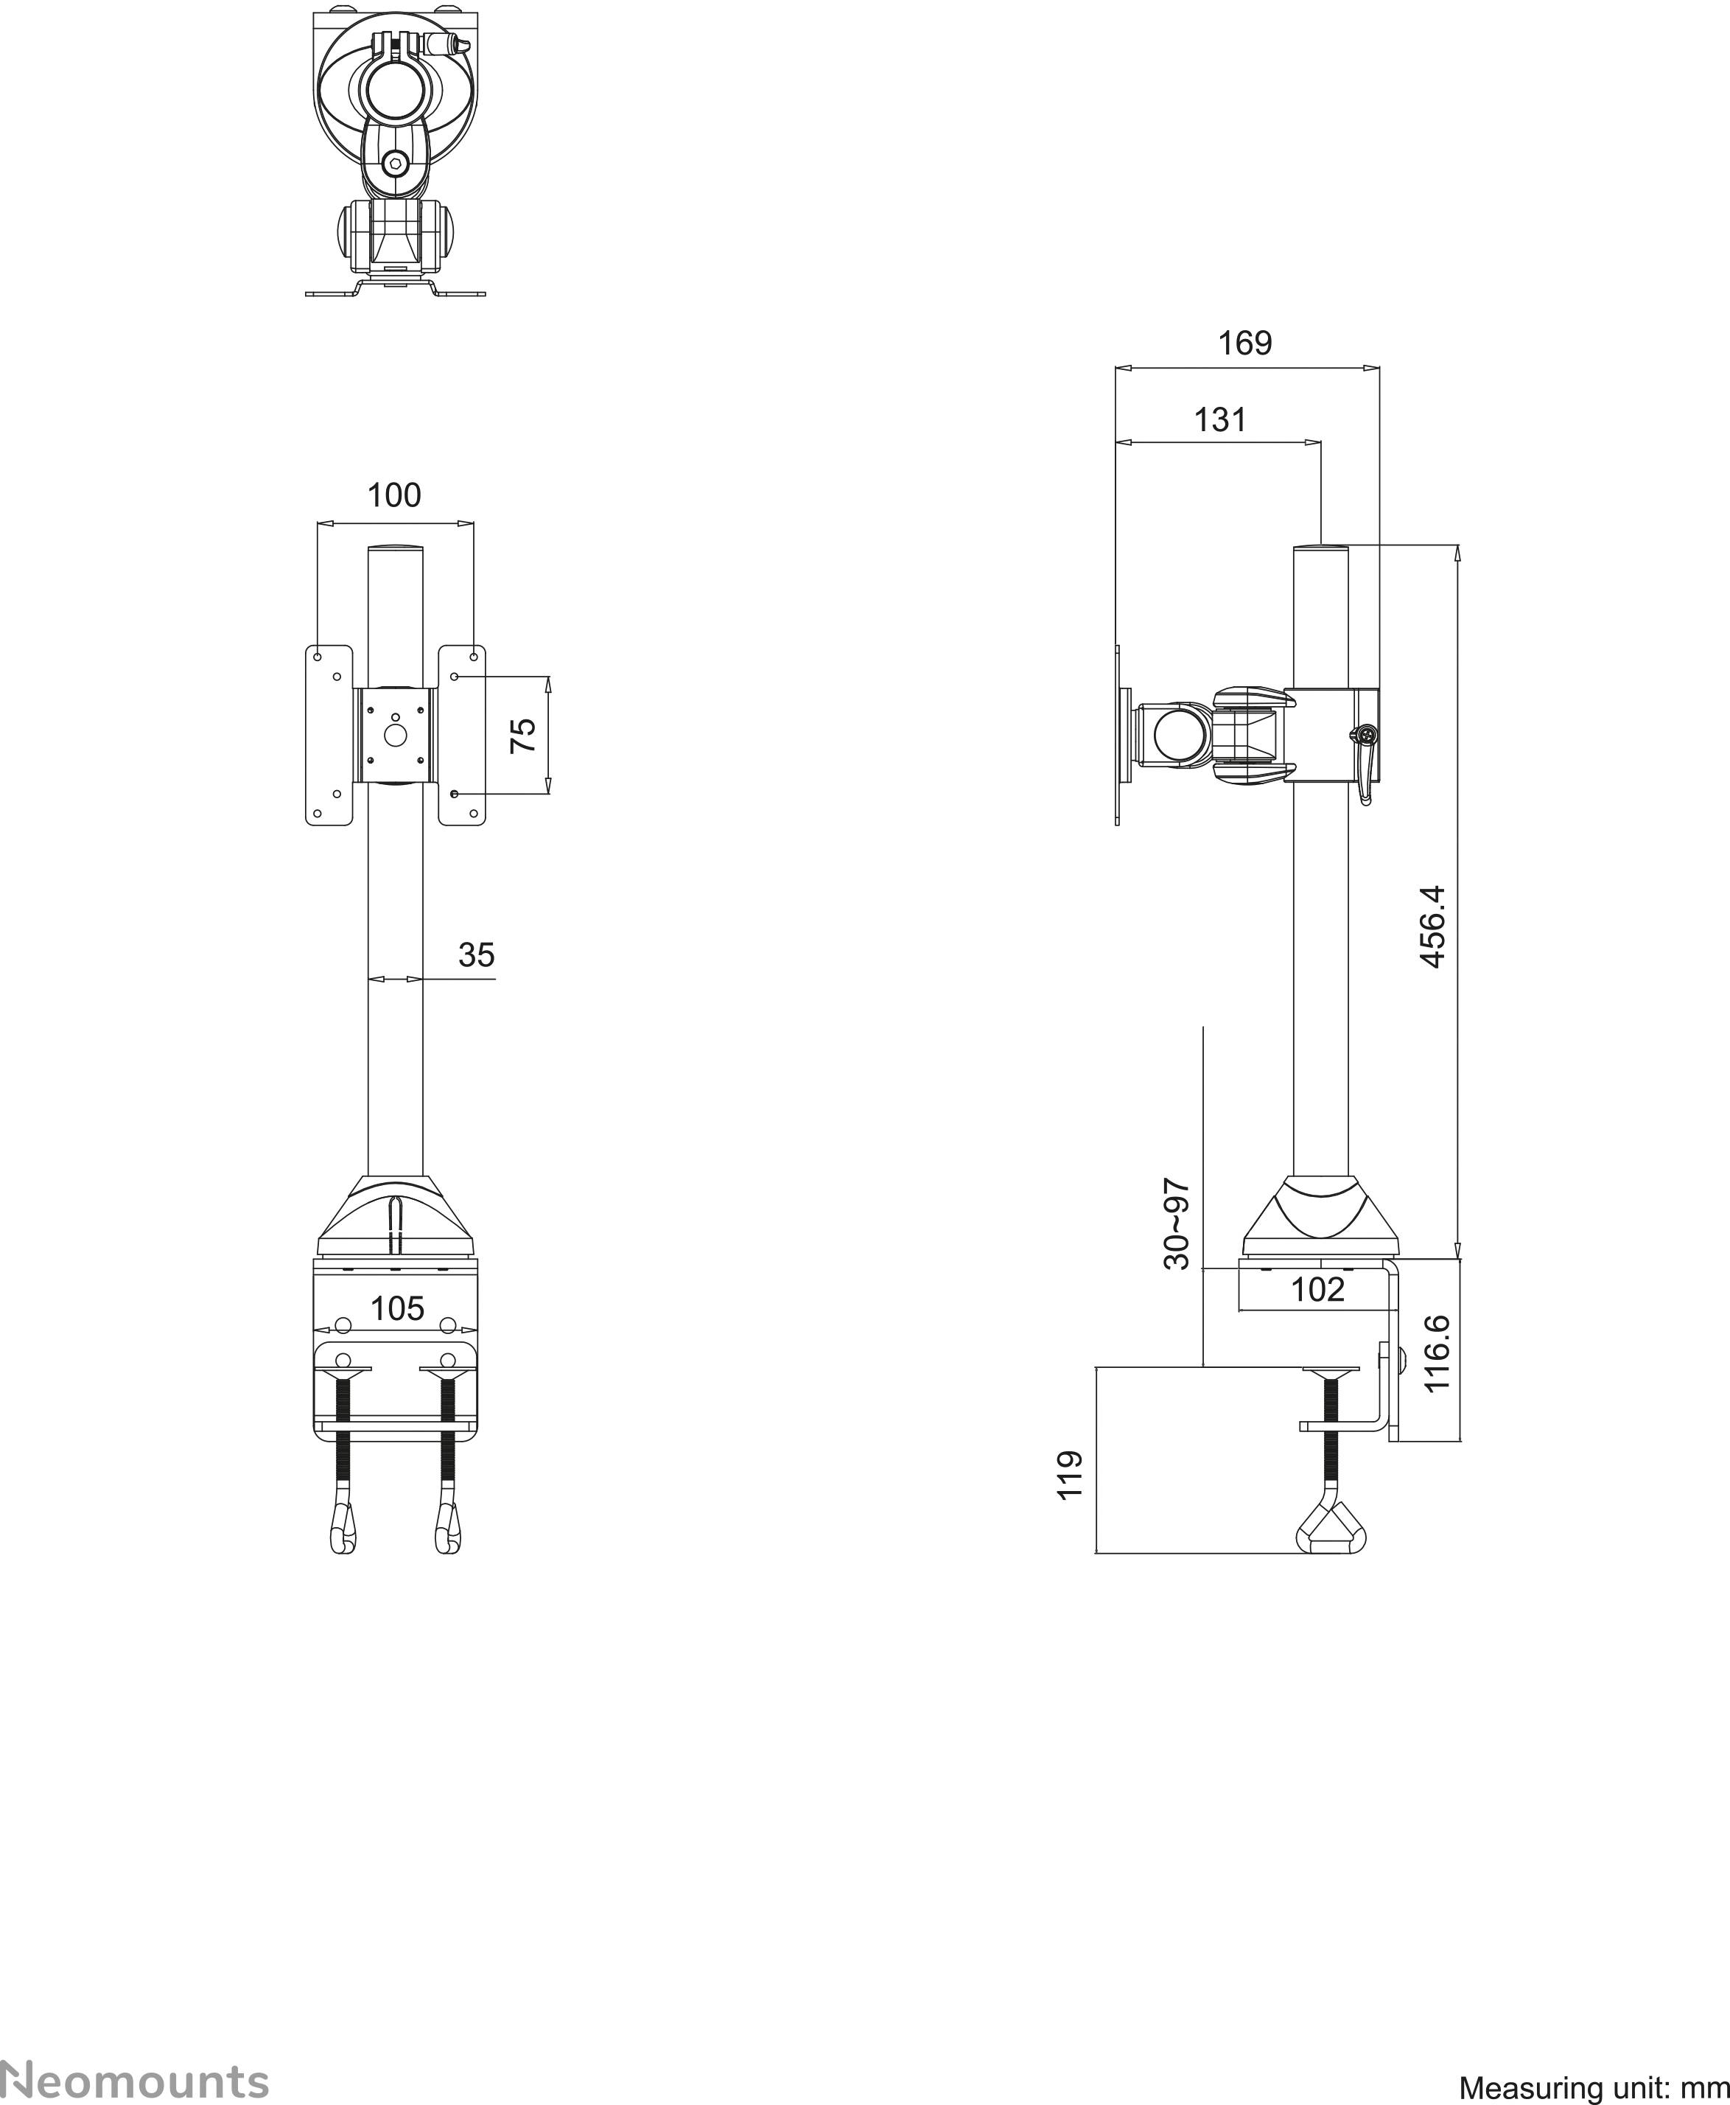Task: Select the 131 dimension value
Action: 1220,419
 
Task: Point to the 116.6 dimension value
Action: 1436,1352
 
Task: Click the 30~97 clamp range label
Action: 1178,1224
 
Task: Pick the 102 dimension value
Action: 1317,1290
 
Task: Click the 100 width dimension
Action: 395,495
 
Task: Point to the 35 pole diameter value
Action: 477,954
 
